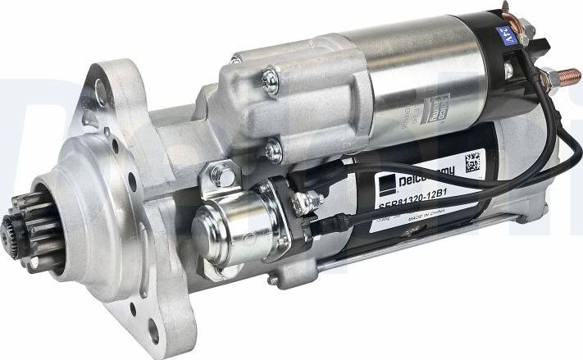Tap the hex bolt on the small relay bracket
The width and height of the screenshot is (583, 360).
[220, 174]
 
